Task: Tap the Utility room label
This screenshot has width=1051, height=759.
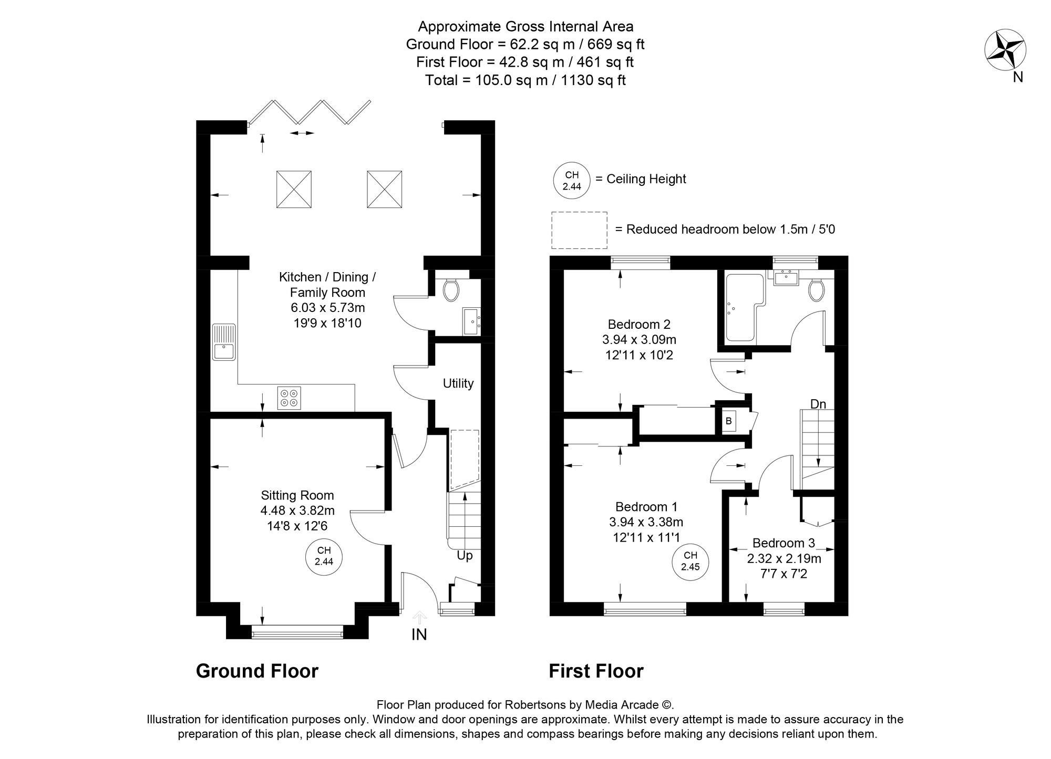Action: click(458, 383)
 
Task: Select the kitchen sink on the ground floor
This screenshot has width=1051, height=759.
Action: click(224, 342)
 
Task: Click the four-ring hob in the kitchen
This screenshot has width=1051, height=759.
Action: click(289, 398)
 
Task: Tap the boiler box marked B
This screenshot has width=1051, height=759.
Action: click(728, 421)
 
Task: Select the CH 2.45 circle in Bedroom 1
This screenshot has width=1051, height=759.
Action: click(690, 562)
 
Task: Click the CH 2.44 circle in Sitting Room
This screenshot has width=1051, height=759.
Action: click(324, 556)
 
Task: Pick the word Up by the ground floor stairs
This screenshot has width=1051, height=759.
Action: click(465, 555)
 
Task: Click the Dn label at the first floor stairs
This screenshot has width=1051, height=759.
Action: click(818, 404)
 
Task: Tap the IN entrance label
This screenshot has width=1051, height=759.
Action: click(419, 635)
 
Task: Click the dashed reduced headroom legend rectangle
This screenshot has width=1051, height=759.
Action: click(579, 230)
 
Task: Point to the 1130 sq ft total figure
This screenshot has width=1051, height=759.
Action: click(599, 80)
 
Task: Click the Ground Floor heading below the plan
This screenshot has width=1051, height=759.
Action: click(257, 671)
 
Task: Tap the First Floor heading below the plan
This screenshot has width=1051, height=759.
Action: click(596, 671)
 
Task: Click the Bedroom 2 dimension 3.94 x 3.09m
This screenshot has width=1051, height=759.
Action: click(639, 340)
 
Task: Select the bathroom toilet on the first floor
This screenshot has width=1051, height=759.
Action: click(816, 290)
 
